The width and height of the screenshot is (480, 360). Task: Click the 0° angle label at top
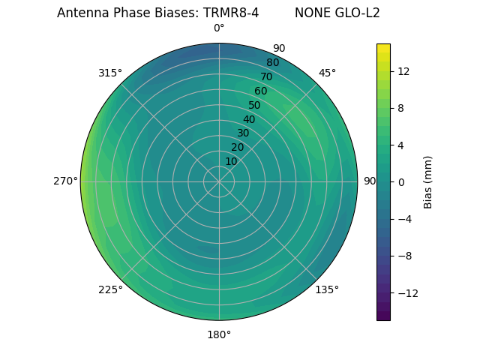click(219, 28)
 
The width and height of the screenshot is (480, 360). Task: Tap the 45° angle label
click(327, 73)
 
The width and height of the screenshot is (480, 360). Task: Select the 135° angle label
click(327, 289)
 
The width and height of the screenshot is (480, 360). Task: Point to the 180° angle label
click(219, 334)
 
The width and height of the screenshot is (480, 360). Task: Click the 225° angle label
click(110, 289)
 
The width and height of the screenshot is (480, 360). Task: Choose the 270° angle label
click(65, 181)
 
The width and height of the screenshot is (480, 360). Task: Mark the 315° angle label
click(110, 73)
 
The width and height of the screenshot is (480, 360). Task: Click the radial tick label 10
click(231, 161)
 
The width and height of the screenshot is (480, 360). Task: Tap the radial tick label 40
click(249, 119)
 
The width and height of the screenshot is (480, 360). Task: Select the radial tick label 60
click(261, 91)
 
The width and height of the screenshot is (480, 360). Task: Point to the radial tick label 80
click(273, 62)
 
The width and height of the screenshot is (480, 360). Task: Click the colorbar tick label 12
click(403, 71)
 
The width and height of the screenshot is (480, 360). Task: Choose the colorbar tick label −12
click(406, 292)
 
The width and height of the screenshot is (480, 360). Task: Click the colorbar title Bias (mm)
click(428, 181)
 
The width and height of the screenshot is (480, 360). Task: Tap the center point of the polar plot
click(219, 181)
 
